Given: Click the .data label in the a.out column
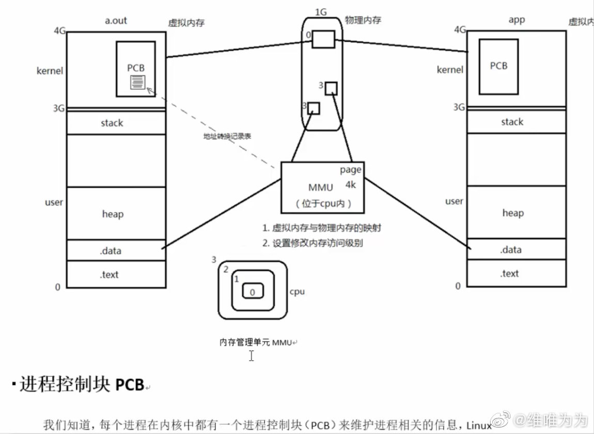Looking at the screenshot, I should click(110, 251).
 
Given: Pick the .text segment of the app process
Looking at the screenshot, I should click(509, 274).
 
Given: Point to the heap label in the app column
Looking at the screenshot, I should click(513, 213).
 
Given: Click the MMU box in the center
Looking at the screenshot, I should click(322, 187).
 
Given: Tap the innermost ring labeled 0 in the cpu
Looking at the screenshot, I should click(252, 292).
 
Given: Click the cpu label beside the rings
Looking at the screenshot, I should click(297, 292).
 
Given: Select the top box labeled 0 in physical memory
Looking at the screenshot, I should click(323, 39).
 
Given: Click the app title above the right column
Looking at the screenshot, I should click(517, 20).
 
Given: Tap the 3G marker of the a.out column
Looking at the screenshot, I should click(59, 108).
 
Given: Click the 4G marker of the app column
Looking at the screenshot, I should click(460, 29).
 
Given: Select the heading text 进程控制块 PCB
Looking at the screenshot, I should click(81, 384).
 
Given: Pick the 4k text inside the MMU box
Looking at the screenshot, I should click(351, 184).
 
